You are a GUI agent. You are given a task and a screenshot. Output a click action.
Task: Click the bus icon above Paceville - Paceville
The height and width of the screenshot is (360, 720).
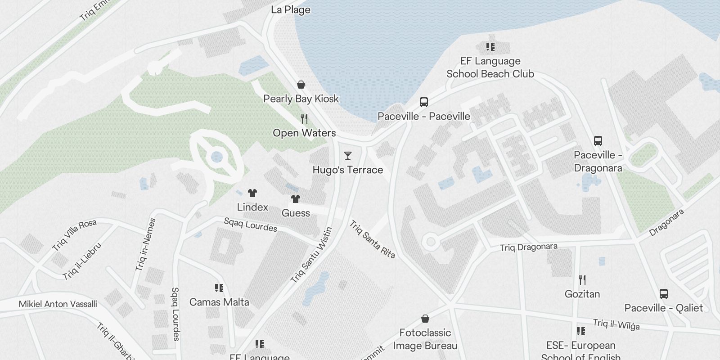pos(423,102)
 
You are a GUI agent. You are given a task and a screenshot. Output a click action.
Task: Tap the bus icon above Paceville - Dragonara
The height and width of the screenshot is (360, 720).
pos(598,141)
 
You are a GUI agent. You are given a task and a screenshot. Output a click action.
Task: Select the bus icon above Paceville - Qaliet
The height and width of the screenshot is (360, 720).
pos(663,294)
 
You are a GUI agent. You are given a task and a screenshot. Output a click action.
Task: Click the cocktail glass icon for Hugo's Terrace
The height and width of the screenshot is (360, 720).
pos(347,156)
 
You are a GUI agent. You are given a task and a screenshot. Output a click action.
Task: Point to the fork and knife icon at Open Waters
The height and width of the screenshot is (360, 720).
pos(304,119)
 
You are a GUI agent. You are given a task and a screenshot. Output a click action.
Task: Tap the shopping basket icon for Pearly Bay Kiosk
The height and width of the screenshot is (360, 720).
pos(301,85)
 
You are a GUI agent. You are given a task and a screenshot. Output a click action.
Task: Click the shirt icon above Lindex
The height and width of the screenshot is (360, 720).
pos(252,193)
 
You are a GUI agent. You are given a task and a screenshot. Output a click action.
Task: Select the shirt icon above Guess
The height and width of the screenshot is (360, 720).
pos(295,199)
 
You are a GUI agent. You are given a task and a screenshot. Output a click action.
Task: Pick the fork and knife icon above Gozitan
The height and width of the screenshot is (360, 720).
pos(582,280)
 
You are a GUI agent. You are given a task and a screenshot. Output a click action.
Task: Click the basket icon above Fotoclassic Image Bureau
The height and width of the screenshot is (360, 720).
pos(425,319)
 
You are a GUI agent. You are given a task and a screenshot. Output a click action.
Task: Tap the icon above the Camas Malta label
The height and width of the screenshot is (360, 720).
pos(219,288)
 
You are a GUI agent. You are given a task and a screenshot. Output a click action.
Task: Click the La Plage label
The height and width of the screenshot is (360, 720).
pos(291,9)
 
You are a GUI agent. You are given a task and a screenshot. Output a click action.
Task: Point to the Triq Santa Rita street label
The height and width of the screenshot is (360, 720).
pos(372,239)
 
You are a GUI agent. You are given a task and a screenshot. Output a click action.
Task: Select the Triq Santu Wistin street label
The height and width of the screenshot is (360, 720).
pos(311,255)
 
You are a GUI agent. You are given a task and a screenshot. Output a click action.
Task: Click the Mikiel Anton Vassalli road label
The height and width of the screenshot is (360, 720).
pos(58,304)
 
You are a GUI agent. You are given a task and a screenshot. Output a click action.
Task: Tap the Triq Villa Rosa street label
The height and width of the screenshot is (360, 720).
pos(74,235)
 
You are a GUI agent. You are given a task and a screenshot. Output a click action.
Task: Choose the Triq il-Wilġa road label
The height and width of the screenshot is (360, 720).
pos(616,324)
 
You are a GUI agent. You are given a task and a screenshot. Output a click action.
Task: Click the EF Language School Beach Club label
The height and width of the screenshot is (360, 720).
pos(490,67)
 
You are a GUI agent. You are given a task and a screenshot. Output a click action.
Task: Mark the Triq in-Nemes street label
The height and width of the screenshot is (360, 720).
pos(145,244)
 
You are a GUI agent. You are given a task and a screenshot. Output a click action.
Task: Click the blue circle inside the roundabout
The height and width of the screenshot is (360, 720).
pos(217,157)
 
